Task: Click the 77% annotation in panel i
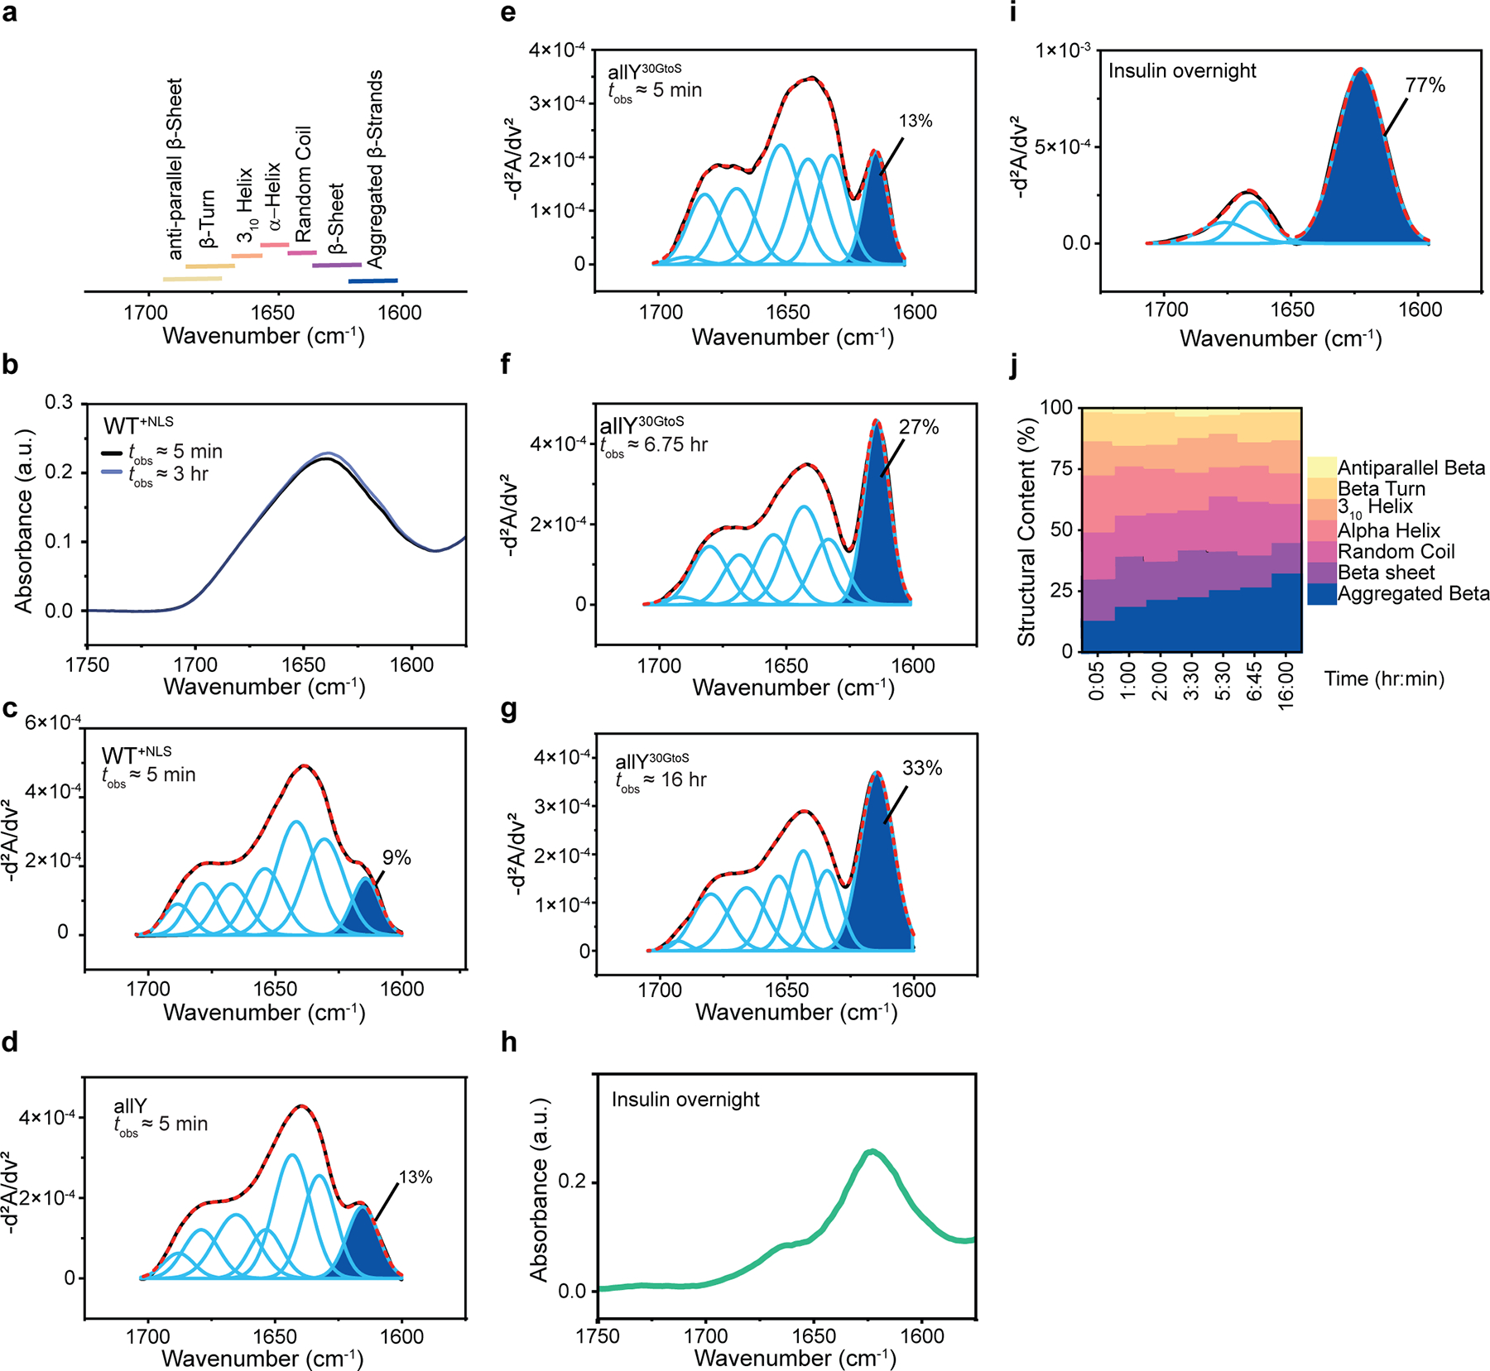pyautogui.click(x=1425, y=85)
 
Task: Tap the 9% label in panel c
pyautogui.click(x=397, y=858)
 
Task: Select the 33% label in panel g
pyautogui.click(x=922, y=768)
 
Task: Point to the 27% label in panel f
pyautogui.click(x=919, y=427)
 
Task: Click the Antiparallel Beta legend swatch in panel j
pyautogui.click(x=1322, y=467)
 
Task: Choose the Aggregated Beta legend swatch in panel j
pyautogui.click(x=1322, y=594)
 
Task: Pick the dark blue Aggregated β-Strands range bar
pyautogui.click(x=372, y=281)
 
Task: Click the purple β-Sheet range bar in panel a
pyautogui.click(x=336, y=266)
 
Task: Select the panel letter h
pyautogui.click(x=509, y=1043)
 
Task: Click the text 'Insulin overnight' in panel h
pyautogui.click(x=685, y=1100)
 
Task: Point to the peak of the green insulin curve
pyautogui.click(x=870, y=1151)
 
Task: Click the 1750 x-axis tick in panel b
pyautogui.click(x=87, y=665)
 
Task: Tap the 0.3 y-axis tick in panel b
pyautogui.click(x=59, y=403)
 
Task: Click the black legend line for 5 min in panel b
pyautogui.click(x=112, y=453)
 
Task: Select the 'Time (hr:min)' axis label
pyautogui.click(x=1384, y=679)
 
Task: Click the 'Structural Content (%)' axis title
pyautogui.click(x=1026, y=532)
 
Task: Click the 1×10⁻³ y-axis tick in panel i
pyautogui.click(x=1063, y=50)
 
